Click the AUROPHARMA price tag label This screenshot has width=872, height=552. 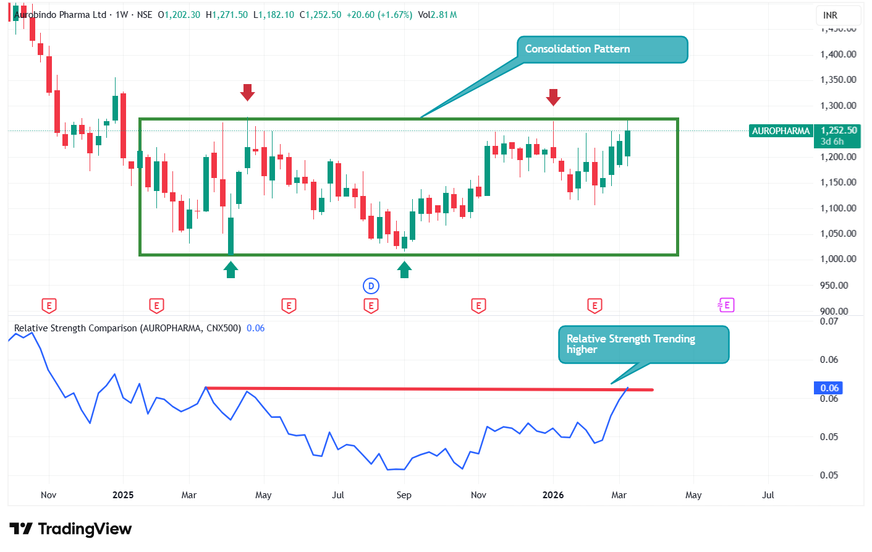click(780, 131)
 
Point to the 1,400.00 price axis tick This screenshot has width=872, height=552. click(838, 54)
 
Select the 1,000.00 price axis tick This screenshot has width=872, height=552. click(838, 259)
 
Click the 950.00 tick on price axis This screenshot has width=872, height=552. click(841, 286)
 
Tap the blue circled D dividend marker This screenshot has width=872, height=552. click(371, 286)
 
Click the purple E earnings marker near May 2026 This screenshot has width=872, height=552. click(726, 305)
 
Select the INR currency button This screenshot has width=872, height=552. click(830, 15)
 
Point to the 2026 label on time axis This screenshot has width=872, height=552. click(552, 495)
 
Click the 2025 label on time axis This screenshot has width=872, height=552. click(123, 495)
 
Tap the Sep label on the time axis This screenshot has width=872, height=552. click(404, 495)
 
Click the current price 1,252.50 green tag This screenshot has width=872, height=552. click(838, 130)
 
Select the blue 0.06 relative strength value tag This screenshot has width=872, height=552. click(829, 388)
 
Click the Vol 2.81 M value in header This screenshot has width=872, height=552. click(438, 15)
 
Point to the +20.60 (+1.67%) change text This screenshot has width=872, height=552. click(379, 15)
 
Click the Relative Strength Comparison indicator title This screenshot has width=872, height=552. click(127, 328)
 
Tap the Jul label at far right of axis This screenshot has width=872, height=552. click(768, 495)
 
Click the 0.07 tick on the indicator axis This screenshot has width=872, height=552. click(829, 321)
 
